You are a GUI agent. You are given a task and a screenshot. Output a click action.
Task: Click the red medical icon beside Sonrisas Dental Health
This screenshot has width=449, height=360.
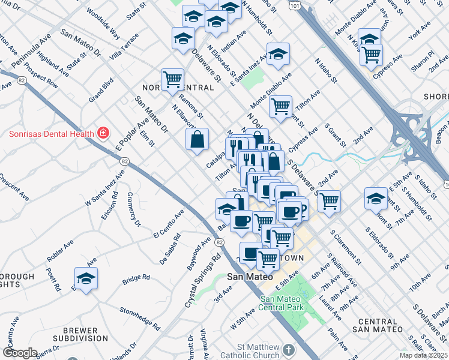(x=103, y=133)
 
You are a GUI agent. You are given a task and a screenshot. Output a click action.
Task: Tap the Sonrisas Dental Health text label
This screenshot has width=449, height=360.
(x=50, y=133)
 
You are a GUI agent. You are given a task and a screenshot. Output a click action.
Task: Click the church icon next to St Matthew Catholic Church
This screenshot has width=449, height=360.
(x=289, y=349)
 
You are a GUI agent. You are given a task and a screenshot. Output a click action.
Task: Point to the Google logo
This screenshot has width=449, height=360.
(x=20, y=353)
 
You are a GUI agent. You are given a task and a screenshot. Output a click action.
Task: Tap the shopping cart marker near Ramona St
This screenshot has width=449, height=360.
(x=172, y=79)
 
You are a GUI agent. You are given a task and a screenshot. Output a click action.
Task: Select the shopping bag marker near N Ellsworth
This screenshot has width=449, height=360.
(x=197, y=140)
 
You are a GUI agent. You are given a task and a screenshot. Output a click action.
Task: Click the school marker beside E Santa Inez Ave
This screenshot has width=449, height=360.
(x=278, y=55)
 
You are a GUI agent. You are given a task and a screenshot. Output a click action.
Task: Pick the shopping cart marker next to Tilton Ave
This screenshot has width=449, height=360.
(x=280, y=107)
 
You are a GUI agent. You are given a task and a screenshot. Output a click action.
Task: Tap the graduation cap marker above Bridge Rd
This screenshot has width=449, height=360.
(x=86, y=279)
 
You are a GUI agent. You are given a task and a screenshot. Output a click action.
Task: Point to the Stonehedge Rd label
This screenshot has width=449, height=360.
(x=141, y=319)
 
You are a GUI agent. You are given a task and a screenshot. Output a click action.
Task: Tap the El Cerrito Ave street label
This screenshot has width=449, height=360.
(x=169, y=224)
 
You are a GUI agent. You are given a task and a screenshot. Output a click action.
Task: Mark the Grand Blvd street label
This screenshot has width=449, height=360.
(x=101, y=89)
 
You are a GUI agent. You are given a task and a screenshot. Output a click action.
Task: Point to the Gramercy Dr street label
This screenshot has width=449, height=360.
(x=133, y=213)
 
